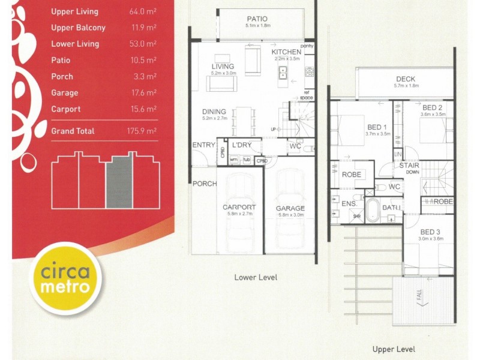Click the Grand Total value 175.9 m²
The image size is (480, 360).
coord(143,131)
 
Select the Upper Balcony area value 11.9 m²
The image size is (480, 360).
coord(143,28)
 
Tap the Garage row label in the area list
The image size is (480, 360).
coord(64,93)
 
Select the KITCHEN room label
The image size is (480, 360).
coord(286,52)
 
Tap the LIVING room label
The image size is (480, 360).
coord(222,66)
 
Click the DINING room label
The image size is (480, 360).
coord(214,112)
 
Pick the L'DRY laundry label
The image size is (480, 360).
coord(241,145)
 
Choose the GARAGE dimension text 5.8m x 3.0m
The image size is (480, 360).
coord(290,215)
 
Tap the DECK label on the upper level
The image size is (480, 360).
coord(405,79)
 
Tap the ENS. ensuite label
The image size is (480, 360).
coord(349,205)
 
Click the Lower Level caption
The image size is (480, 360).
coord(256,278)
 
